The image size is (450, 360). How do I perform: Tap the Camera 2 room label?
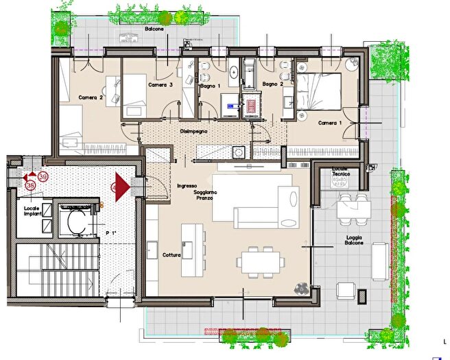(91, 98)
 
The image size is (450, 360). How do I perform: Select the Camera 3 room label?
(160, 85)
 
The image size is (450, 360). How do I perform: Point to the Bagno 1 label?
(210, 85)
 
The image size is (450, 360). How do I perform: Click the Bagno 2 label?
(272, 84)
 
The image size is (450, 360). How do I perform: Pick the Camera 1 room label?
(331, 123)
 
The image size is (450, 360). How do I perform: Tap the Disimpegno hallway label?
(194, 130)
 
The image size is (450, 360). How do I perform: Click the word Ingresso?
(187, 186)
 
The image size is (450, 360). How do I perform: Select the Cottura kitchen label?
(171, 255)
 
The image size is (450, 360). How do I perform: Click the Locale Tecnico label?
(341, 172)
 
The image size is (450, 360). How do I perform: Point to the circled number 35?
(29, 185)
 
